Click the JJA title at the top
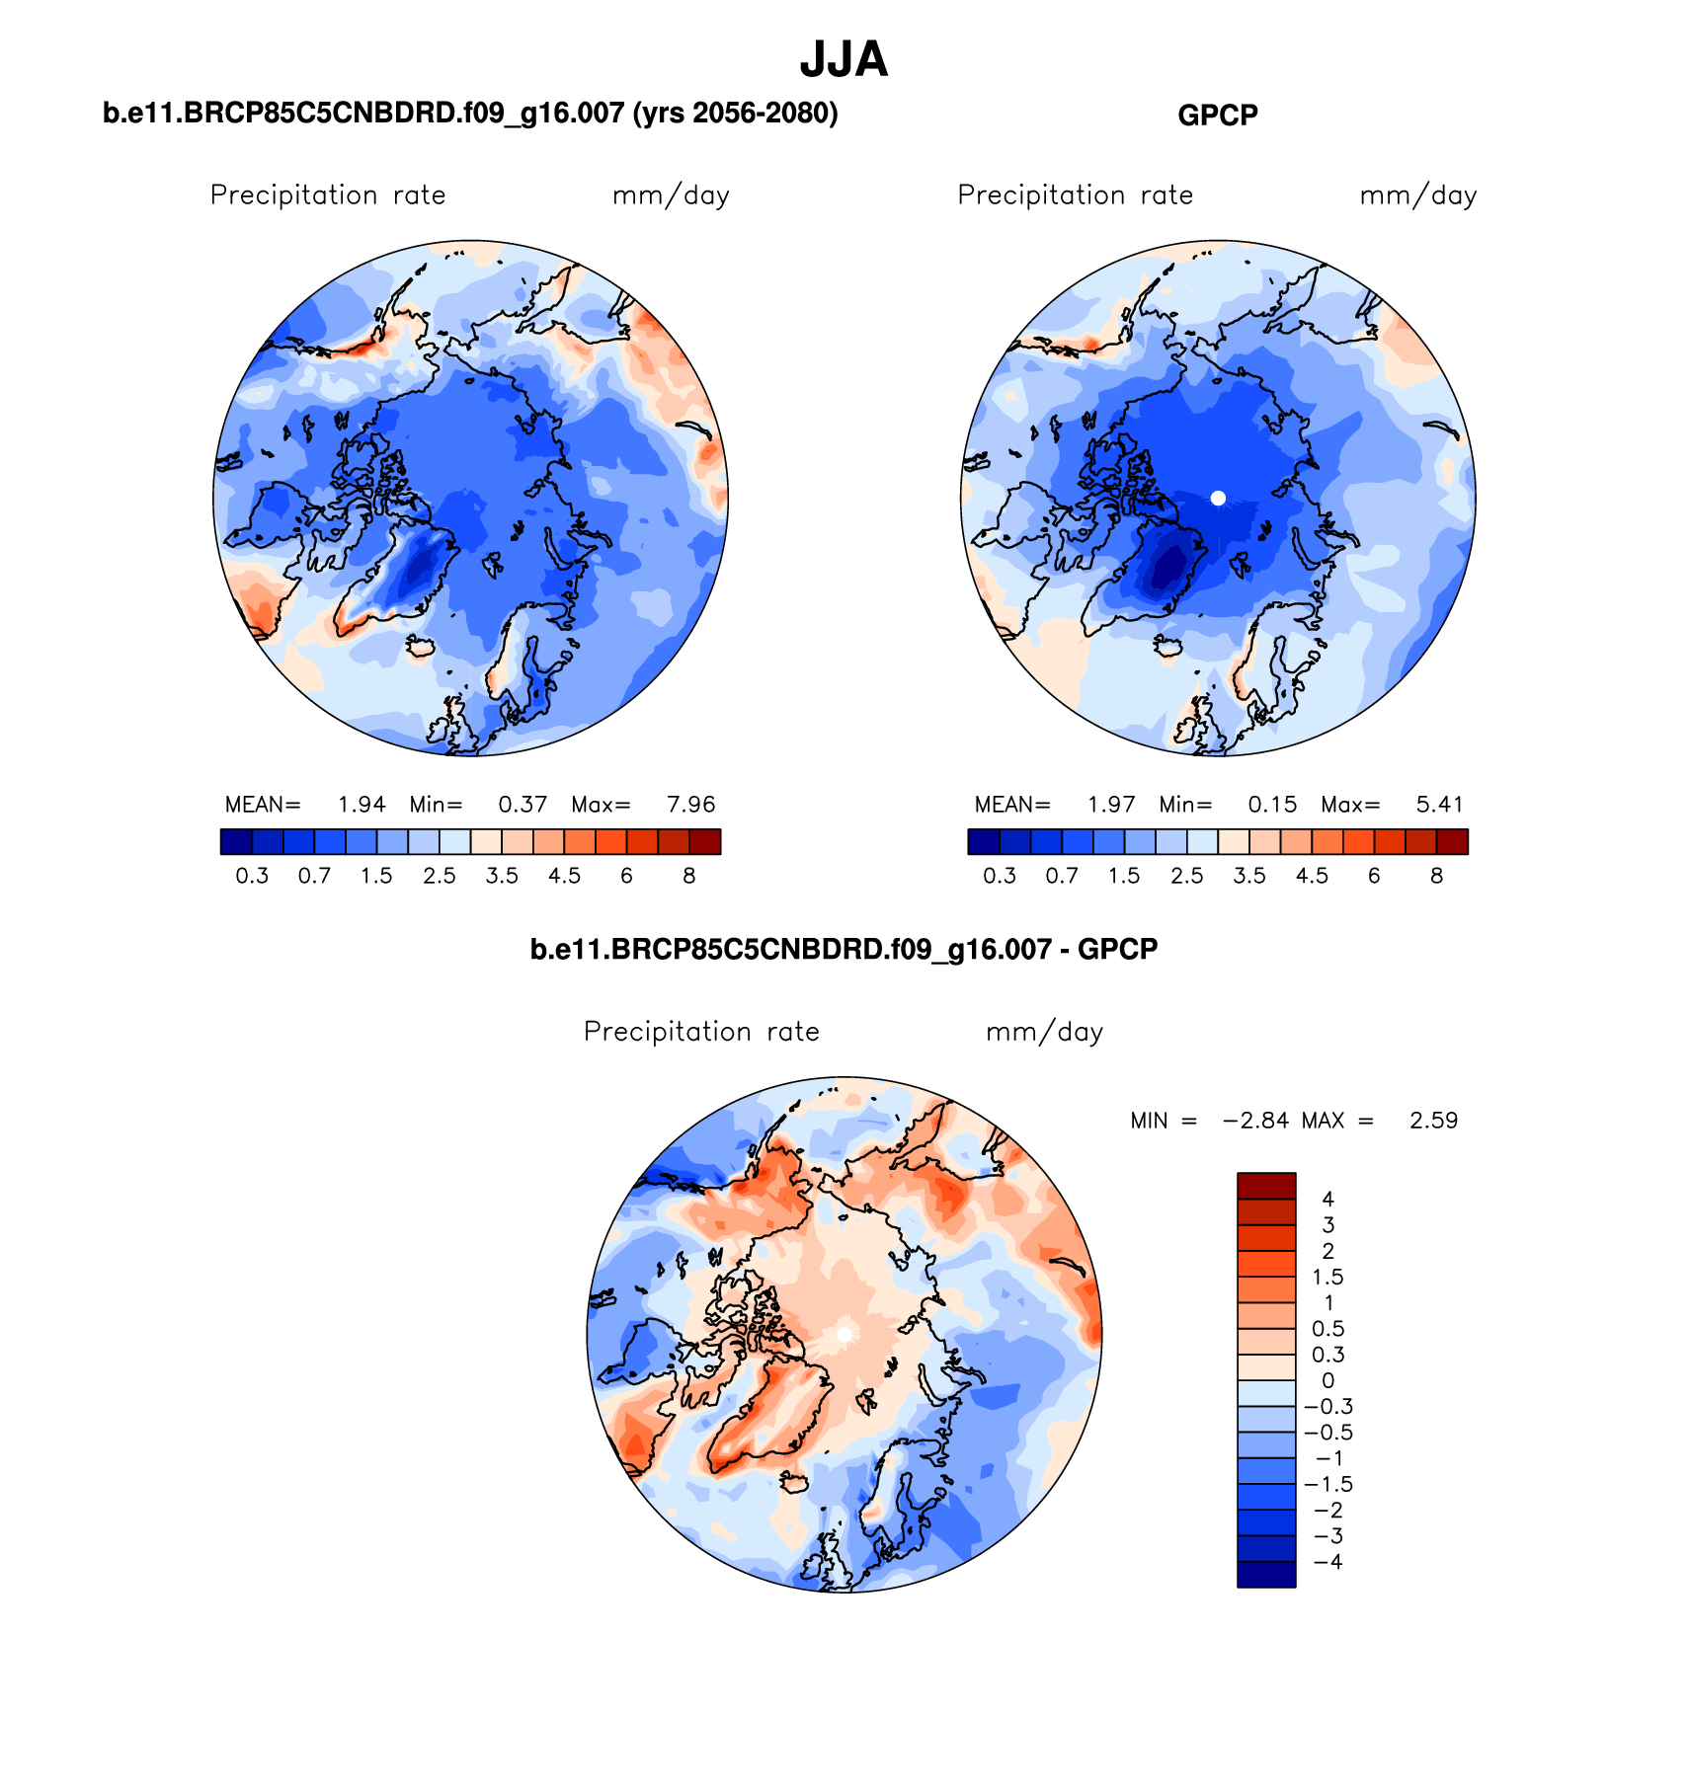click(x=844, y=60)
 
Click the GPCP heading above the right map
click(x=1217, y=116)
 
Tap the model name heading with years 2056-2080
click(x=470, y=114)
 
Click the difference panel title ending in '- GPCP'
click(x=844, y=950)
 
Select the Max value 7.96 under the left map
click(x=690, y=805)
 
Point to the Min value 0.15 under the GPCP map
click(x=1272, y=805)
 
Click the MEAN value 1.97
click(x=1111, y=805)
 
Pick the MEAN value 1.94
click(x=362, y=805)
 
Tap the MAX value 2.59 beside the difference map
click(x=1433, y=1121)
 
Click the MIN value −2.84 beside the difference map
click(x=1255, y=1121)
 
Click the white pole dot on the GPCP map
click(x=1218, y=499)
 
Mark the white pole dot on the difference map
click(x=844, y=1334)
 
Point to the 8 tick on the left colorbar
click(x=689, y=876)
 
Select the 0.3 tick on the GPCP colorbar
click(x=1000, y=876)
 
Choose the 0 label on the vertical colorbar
click(x=1327, y=1380)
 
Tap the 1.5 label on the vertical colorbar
click(x=1327, y=1277)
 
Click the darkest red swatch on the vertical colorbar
click(x=1265, y=1185)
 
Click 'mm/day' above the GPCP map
click(x=1418, y=195)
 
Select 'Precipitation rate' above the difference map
click(x=701, y=1032)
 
